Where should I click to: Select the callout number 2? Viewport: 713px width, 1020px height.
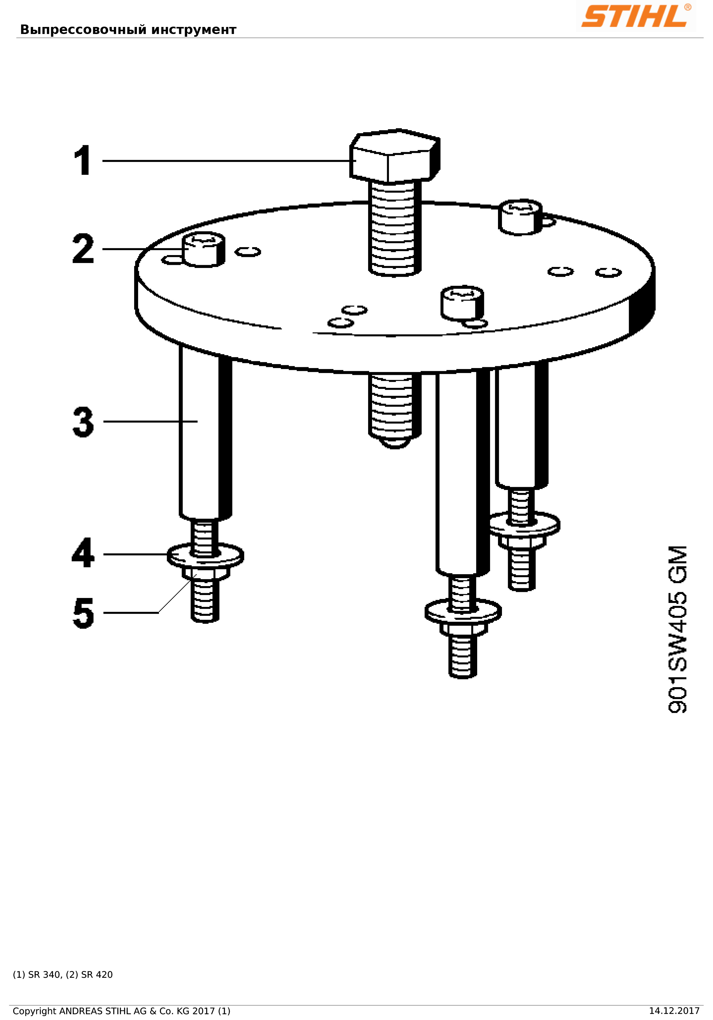83,249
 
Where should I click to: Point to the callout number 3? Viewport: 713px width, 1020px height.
83,422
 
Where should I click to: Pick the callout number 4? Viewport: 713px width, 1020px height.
83,553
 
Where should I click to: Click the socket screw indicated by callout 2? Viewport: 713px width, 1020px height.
203,249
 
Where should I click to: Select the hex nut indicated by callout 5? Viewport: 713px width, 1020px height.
206,574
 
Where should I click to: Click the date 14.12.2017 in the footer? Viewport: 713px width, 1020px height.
674,1011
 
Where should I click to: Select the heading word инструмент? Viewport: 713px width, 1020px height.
194,30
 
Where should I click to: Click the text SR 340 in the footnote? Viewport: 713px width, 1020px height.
44,975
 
